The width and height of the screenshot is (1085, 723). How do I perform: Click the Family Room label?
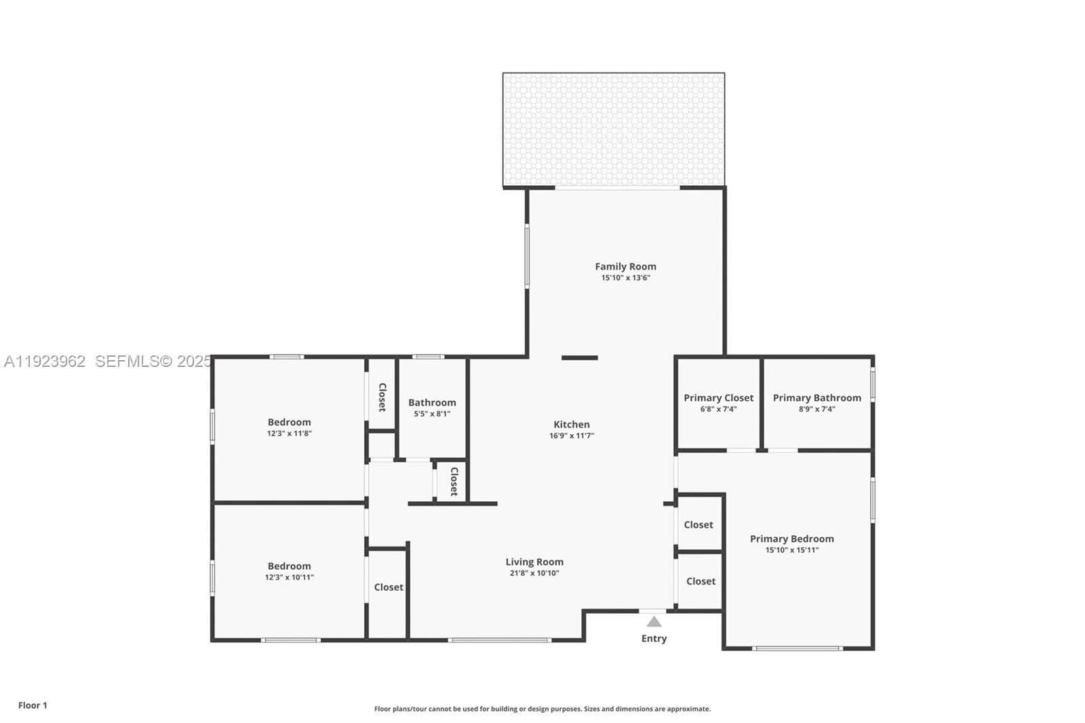point(625,267)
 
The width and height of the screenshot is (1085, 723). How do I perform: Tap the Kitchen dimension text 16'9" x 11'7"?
point(571,436)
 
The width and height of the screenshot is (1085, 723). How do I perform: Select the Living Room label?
point(534,562)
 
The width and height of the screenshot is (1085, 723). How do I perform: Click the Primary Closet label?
point(718,398)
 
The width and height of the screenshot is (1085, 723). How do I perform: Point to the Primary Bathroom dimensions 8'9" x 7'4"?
point(816,409)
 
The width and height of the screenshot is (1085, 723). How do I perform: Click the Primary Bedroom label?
point(791,539)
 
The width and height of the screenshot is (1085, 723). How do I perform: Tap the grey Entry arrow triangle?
point(654,621)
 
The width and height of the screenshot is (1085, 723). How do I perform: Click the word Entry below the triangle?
point(654,638)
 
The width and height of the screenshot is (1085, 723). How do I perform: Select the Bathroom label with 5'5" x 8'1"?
point(432,402)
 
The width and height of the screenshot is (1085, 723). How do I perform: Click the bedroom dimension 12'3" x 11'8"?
point(289,433)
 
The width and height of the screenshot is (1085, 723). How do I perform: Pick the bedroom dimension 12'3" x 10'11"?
point(289,578)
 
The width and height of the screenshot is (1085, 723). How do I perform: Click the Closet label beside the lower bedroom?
point(389,587)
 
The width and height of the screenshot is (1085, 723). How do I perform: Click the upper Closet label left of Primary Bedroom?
point(698,525)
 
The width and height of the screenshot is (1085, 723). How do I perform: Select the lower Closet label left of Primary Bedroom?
point(701,581)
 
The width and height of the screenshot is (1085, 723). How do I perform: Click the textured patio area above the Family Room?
point(613,130)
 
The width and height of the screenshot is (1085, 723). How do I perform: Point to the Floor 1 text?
point(33,705)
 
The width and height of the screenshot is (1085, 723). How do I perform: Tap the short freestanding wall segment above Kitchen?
point(579,357)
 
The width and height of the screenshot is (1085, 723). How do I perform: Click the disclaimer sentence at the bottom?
point(542,709)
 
